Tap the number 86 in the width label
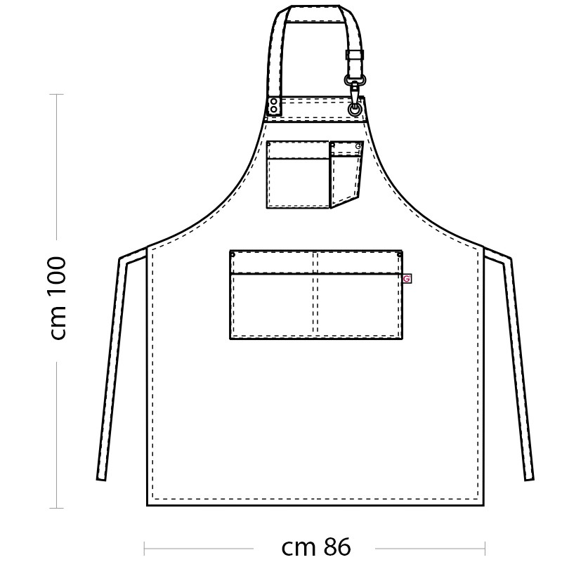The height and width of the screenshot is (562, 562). (x=338, y=547)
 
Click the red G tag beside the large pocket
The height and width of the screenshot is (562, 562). (x=407, y=278)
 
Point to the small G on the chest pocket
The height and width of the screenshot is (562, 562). (x=358, y=146)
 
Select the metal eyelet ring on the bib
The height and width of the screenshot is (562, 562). (x=355, y=109)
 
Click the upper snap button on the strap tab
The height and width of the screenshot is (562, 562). (x=274, y=102)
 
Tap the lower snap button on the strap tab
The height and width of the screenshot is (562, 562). (x=274, y=109)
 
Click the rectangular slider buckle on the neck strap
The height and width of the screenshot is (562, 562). (x=355, y=55)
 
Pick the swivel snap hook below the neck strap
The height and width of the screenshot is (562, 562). (x=353, y=88)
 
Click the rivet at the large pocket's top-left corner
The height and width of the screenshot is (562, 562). (x=233, y=255)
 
